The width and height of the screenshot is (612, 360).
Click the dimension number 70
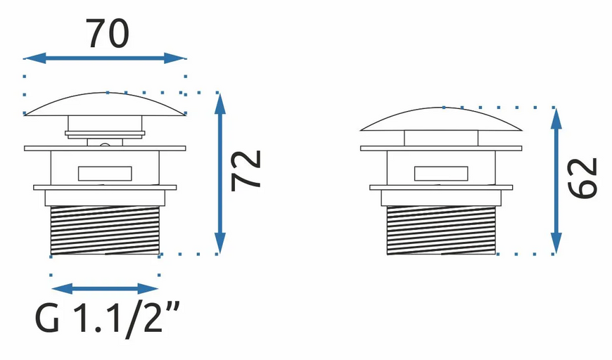[x=107, y=34]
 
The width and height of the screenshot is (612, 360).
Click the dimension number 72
[x=246, y=170]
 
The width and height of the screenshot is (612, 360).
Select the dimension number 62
[x=582, y=178]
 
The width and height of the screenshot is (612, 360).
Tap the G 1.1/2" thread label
[x=108, y=319]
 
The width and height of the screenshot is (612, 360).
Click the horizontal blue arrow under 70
[x=105, y=58]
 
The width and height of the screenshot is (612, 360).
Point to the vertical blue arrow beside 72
[x=220, y=173]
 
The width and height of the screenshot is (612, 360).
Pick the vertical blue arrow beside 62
[x=556, y=181]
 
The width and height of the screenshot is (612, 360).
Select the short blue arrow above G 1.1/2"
[x=105, y=289]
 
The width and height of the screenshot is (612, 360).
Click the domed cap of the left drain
[x=105, y=104]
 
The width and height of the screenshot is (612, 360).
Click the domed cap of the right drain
[x=441, y=119]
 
